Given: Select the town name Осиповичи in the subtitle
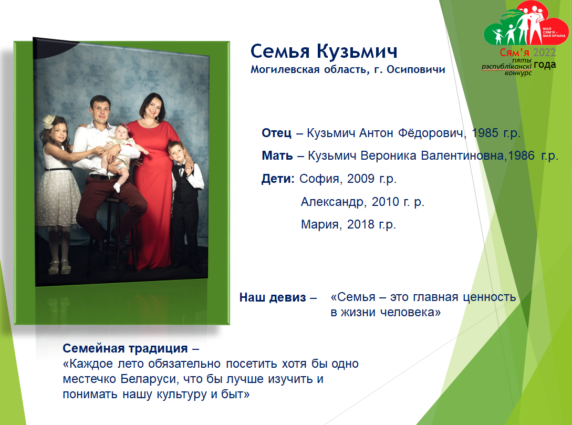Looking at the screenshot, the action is [416, 69].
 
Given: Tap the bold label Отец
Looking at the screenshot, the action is [276, 133].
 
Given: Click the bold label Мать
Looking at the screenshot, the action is [277, 156].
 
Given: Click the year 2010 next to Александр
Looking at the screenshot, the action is [385, 201].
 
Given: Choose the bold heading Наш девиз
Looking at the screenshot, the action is [273, 297].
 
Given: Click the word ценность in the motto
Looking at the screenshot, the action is [489, 297].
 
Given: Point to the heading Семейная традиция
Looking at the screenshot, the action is [125, 348].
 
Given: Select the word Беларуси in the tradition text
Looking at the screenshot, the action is [149, 379].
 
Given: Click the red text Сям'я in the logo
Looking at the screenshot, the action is [514, 53].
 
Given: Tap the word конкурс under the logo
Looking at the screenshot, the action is [518, 73].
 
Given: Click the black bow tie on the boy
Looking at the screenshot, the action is [181, 166].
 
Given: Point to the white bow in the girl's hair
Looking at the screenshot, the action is [49, 121].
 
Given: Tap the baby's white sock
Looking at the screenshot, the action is [117, 188].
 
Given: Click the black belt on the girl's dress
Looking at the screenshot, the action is [58, 169].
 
